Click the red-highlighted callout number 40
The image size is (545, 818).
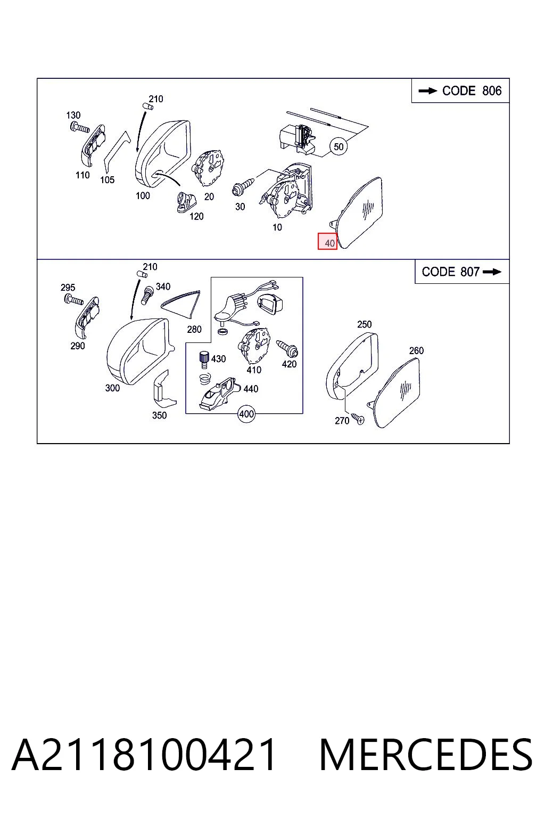click(x=327, y=241)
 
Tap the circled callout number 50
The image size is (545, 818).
click(x=338, y=147)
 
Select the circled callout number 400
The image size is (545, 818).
click(x=246, y=414)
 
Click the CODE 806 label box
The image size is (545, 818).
click(x=460, y=91)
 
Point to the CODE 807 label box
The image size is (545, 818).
click(x=462, y=272)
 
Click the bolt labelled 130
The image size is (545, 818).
click(x=79, y=128)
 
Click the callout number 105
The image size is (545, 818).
click(x=108, y=179)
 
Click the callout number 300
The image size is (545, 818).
click(x=112, y=388)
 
